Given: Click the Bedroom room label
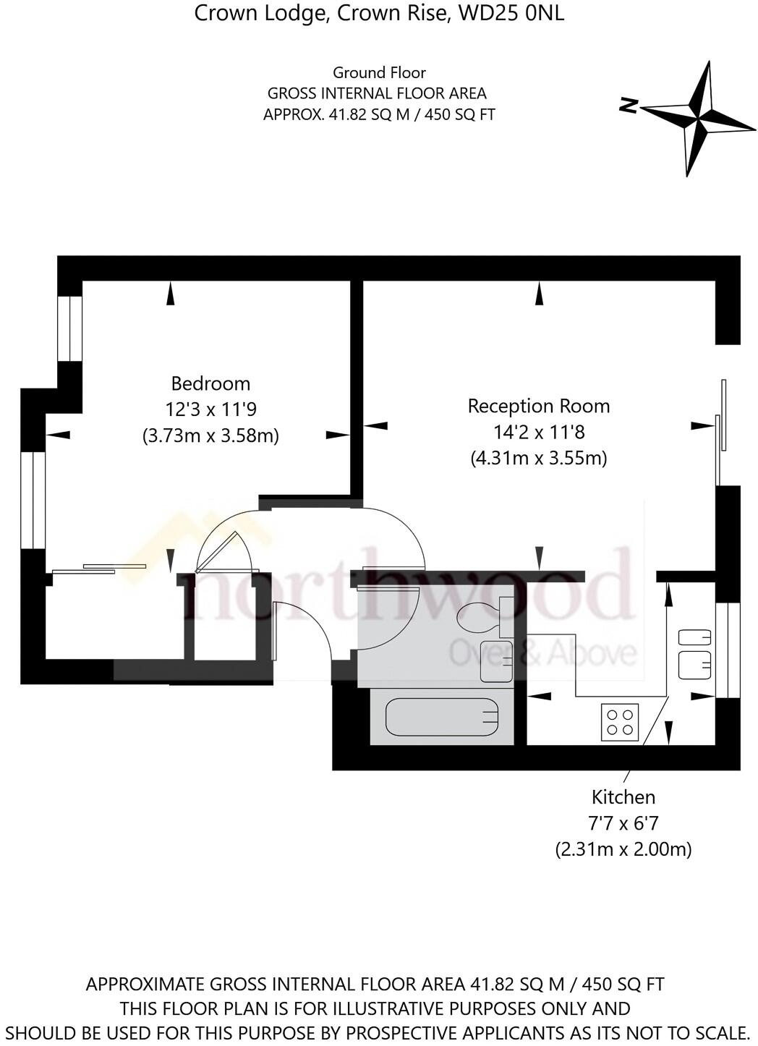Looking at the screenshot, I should [210, 383].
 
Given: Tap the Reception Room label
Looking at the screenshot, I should [538, 406].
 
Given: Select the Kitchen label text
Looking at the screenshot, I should [623, 797].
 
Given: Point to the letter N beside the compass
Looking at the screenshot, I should [628, 106].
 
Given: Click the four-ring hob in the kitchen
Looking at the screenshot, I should [620, 722].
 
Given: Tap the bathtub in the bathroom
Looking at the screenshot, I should [442, 717].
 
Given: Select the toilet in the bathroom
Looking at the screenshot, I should [482, 616].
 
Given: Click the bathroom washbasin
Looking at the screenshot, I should [496, 661].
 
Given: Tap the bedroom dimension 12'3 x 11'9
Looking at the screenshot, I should [210, 409].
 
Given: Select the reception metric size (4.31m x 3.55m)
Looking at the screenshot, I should [538, 458].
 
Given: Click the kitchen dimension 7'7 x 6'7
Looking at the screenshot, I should [623, 823].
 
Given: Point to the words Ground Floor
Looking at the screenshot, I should [379, 72].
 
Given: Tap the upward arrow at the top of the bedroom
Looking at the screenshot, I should [171, 293].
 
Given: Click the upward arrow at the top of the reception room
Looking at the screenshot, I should [539, 293].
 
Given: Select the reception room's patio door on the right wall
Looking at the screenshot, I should [720, 430].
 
